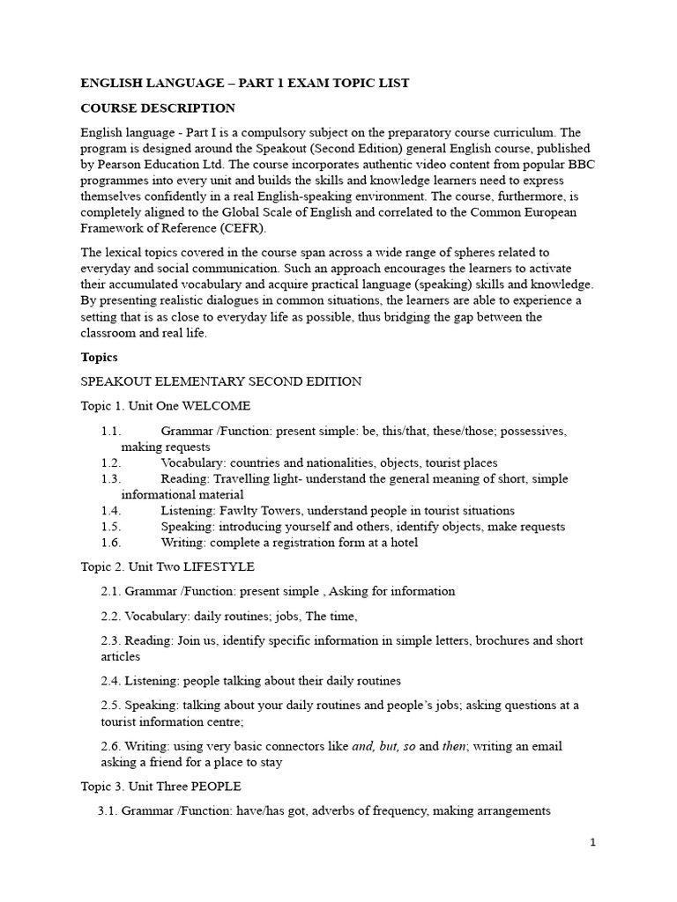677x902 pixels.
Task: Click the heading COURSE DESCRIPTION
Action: (158, 108)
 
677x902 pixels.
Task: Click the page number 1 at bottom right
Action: (593, 843)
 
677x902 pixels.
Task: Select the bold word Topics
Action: (99, 358)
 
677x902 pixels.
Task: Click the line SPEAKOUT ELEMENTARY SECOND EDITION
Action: (220, 381)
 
